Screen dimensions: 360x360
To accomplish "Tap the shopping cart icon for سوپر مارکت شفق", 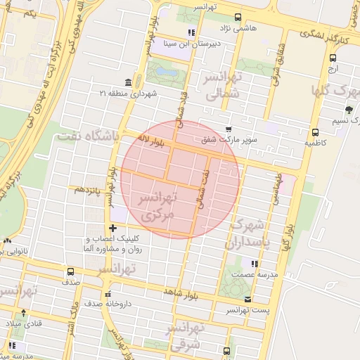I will tap(229, 129).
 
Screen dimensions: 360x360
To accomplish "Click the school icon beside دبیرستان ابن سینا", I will tap(191, 32).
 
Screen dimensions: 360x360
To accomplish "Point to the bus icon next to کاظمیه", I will tap(314, 131).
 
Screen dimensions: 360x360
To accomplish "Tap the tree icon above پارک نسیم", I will tap(349, 109).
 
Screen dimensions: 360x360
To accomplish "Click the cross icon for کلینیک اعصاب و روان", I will tap(113, 227).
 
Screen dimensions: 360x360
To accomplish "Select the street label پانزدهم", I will tap(89, 189).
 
